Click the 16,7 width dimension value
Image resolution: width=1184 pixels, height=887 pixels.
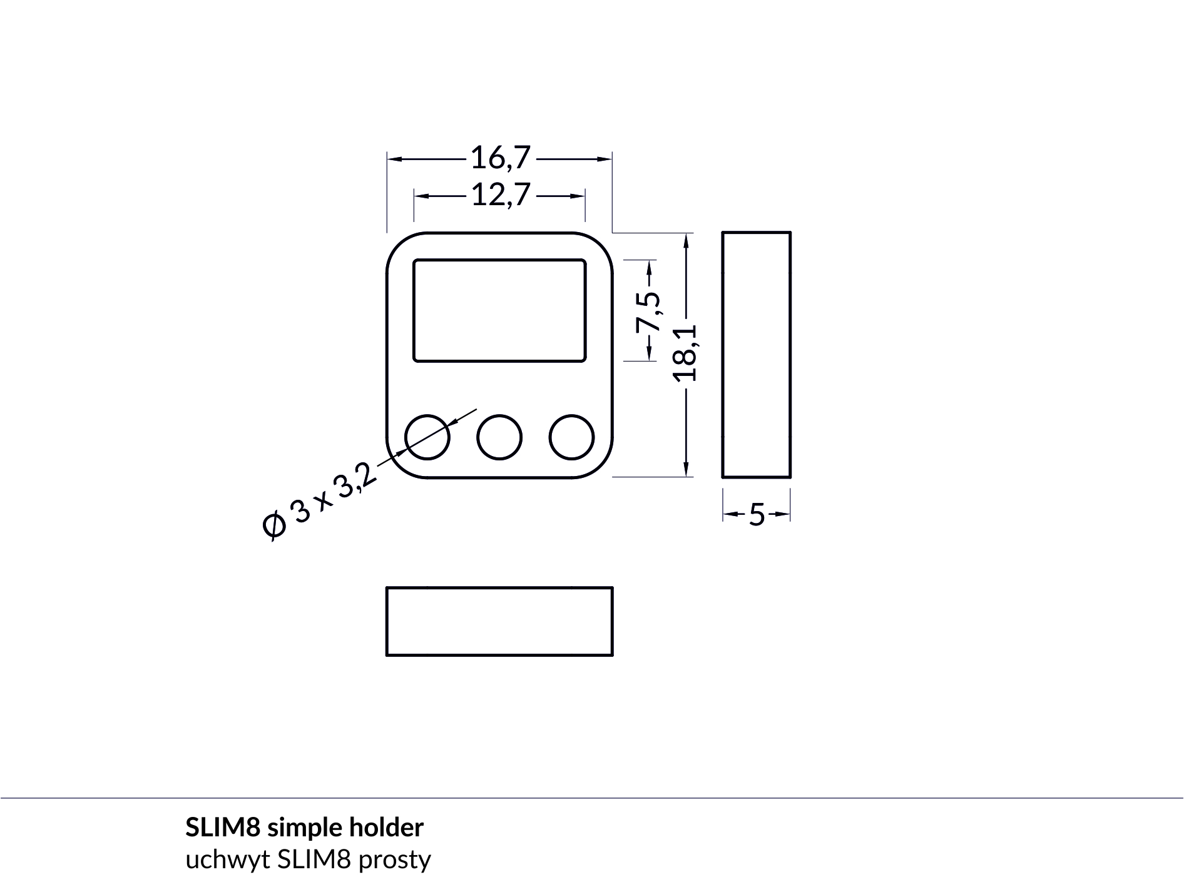coord(500,158)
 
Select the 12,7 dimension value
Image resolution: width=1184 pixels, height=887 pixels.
coord(500,195)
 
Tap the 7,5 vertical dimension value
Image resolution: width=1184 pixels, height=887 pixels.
coord(649,312)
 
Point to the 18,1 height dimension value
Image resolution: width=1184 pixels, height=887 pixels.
coord(686,352)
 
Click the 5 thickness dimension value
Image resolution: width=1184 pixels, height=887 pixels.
coord(757,515)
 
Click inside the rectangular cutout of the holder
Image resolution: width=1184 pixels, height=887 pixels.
coord(499,310)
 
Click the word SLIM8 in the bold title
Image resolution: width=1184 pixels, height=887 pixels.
coord(223,828)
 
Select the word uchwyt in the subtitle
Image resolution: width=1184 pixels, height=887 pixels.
coord(228,860)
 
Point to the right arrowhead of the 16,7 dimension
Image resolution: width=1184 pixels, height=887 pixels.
coord(605,159)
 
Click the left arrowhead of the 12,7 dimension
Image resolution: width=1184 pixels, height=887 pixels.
coord(421,196)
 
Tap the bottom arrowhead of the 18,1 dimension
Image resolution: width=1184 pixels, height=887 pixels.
coord(686,469)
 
